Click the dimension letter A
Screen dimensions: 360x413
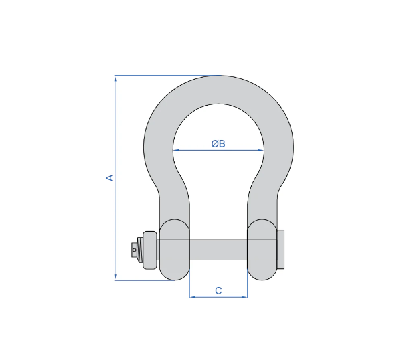point(110,178)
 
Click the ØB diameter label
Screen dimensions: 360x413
point(218,143)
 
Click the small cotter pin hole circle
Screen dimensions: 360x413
point(135,250)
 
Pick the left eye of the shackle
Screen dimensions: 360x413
point(174,249)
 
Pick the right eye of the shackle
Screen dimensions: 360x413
point(262,249)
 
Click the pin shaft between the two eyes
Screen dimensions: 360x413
point(218,250)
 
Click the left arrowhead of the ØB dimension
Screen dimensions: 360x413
point(176,150)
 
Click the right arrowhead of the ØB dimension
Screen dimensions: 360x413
point(260,150)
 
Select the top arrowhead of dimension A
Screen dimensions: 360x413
point(116,78)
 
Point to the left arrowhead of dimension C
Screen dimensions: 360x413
point(192,296)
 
